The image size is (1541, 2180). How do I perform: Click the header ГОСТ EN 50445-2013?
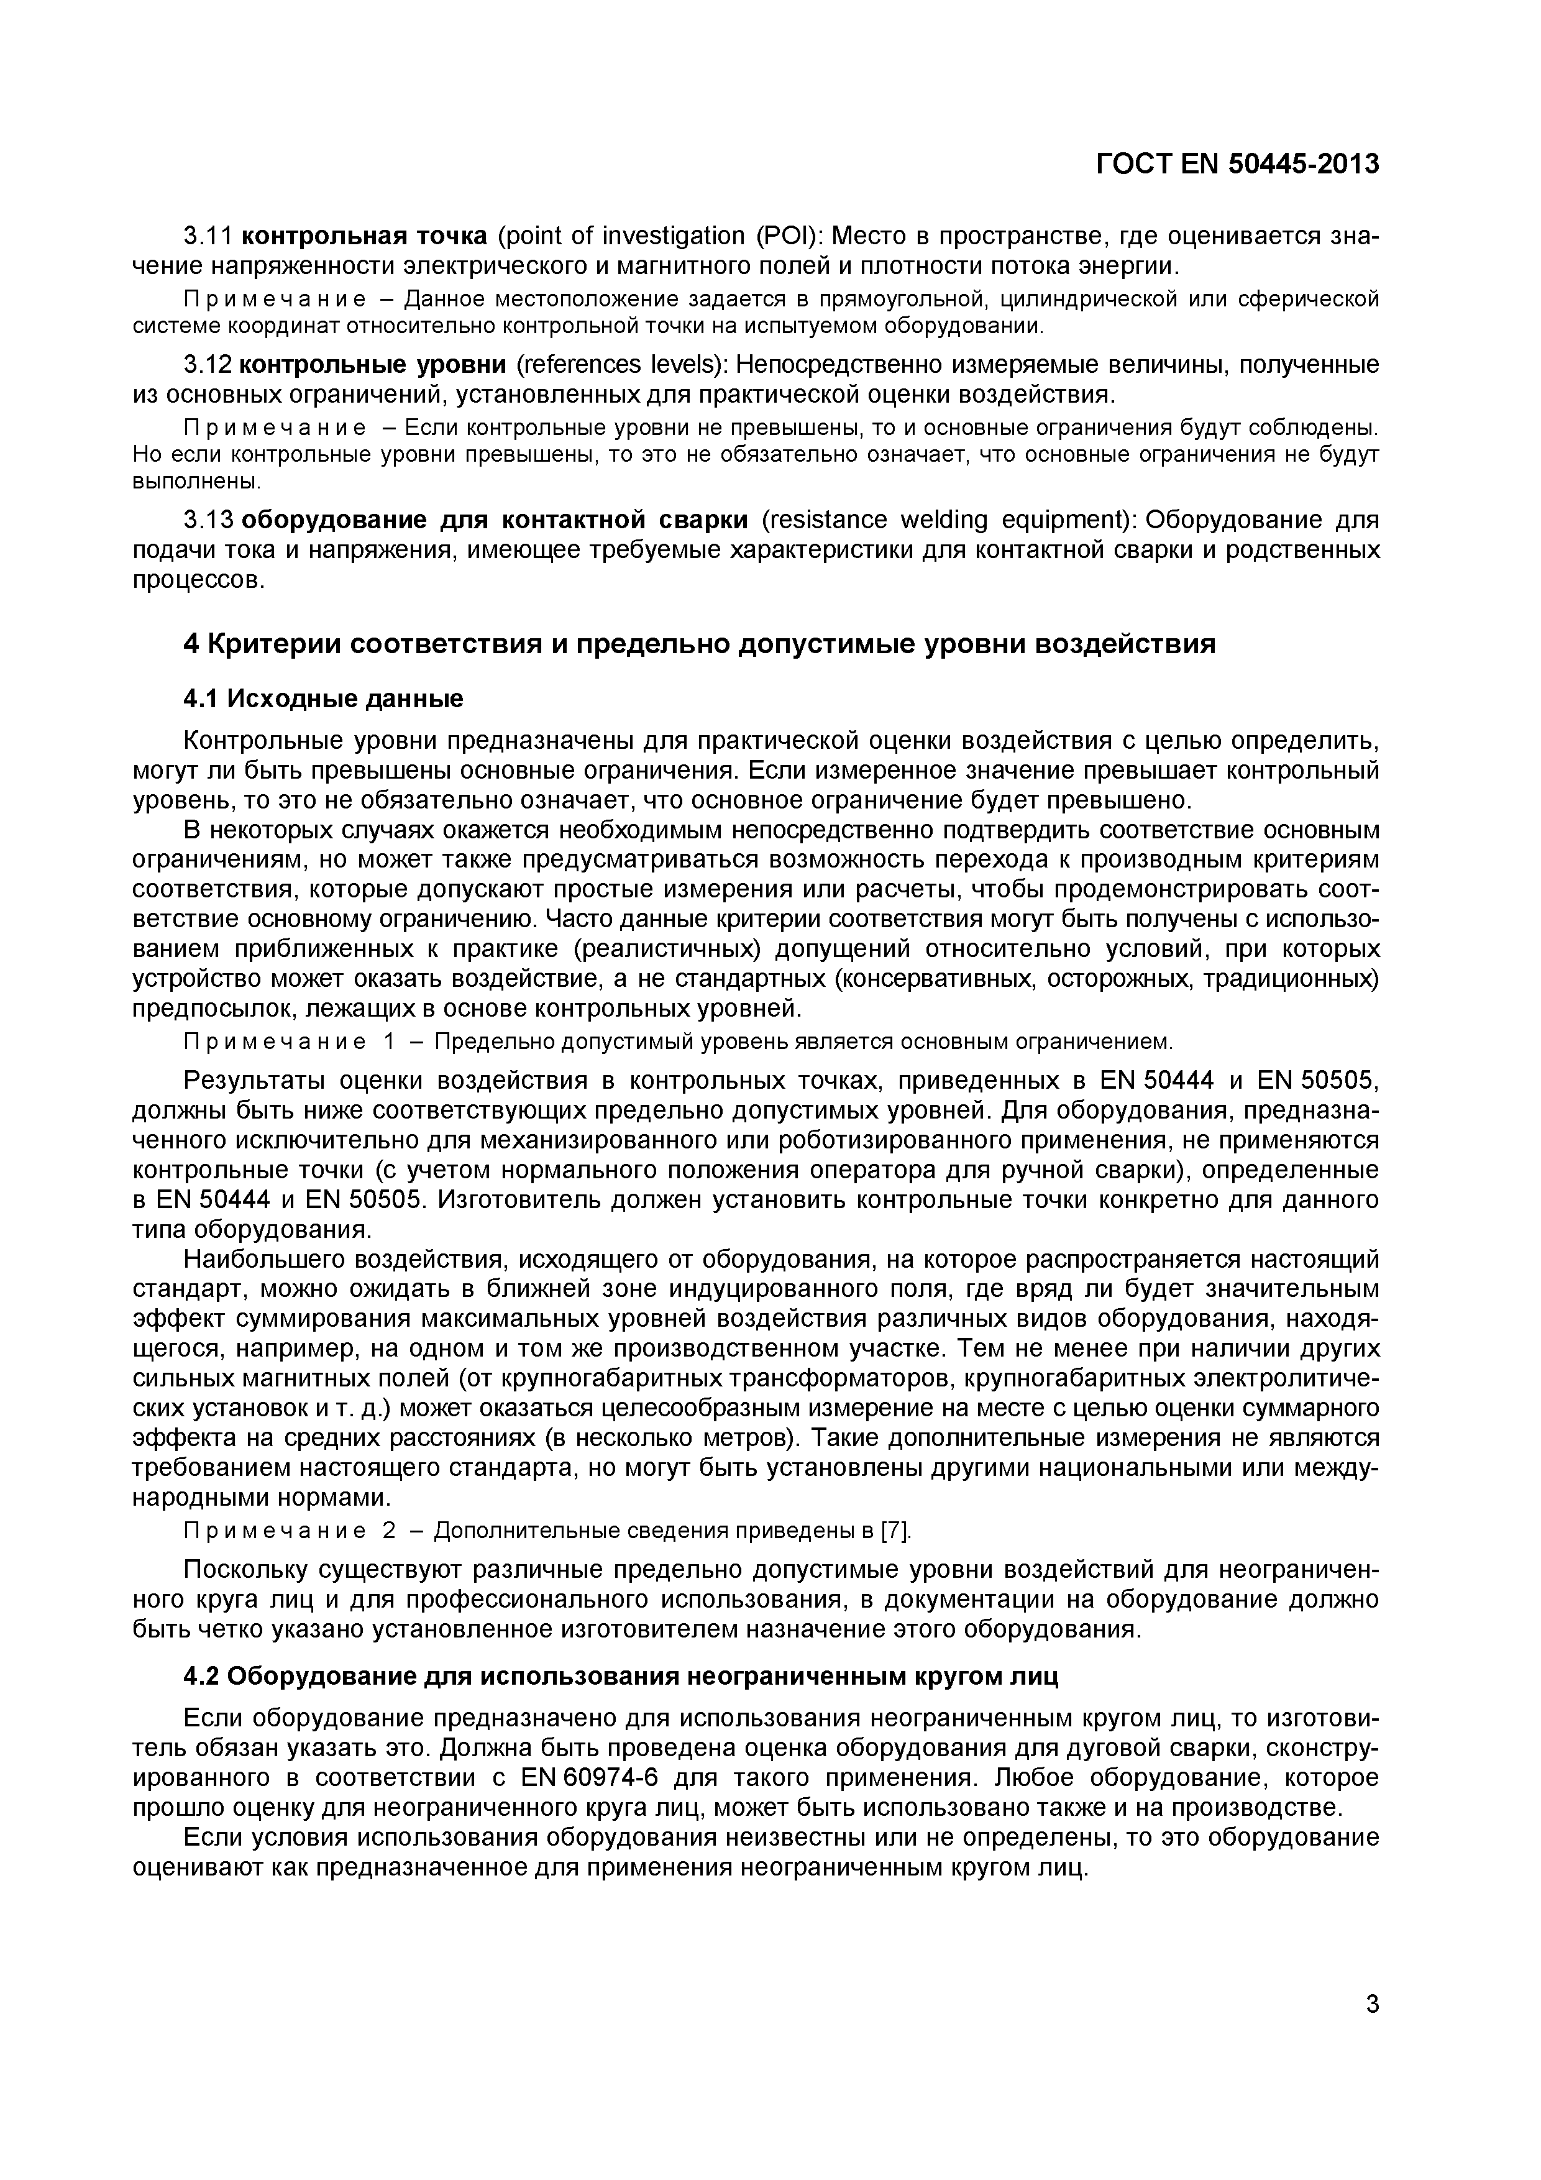click(x=1237, y=164)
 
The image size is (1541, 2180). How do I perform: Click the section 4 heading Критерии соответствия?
click(x=699, y=644)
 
